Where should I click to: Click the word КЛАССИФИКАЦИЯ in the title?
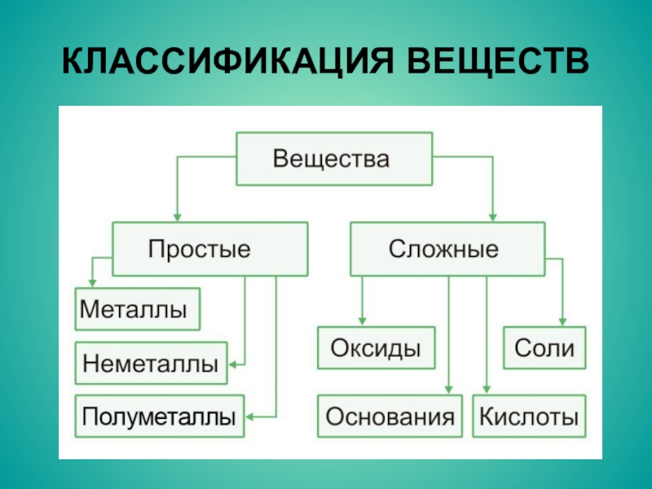coord(227,61)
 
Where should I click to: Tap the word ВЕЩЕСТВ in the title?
coord(498,61)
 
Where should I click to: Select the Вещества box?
coord(334,159)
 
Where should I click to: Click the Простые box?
coord(210,249)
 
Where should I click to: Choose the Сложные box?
coord(447,249)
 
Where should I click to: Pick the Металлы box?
coord(138,309)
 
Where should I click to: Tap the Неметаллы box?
coord(152,363)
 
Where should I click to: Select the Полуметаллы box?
coord(160,416)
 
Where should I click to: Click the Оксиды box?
coord(377,348)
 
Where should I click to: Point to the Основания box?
coord(390,416)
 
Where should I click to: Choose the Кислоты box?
coord(529,416)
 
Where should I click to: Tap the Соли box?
coord(544,348)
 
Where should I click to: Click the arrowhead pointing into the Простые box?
coord(178,218)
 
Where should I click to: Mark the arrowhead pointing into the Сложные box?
coord(493,218)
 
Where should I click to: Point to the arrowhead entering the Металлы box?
coord(92,283)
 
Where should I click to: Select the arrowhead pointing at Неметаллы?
coord(232,364)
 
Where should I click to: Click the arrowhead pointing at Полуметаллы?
coord(249,416)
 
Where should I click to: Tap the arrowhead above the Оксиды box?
coord(362,321)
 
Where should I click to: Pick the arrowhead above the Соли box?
coord(562,322)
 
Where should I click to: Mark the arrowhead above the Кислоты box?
coord(487,390)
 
